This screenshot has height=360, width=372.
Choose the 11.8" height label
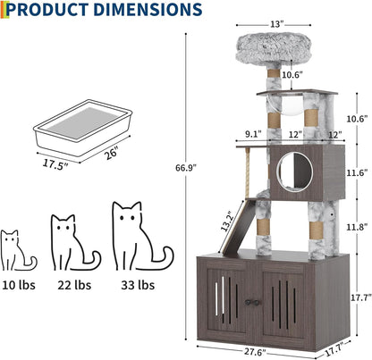pos(355,226)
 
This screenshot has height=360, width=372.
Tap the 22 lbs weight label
pos(74,286)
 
